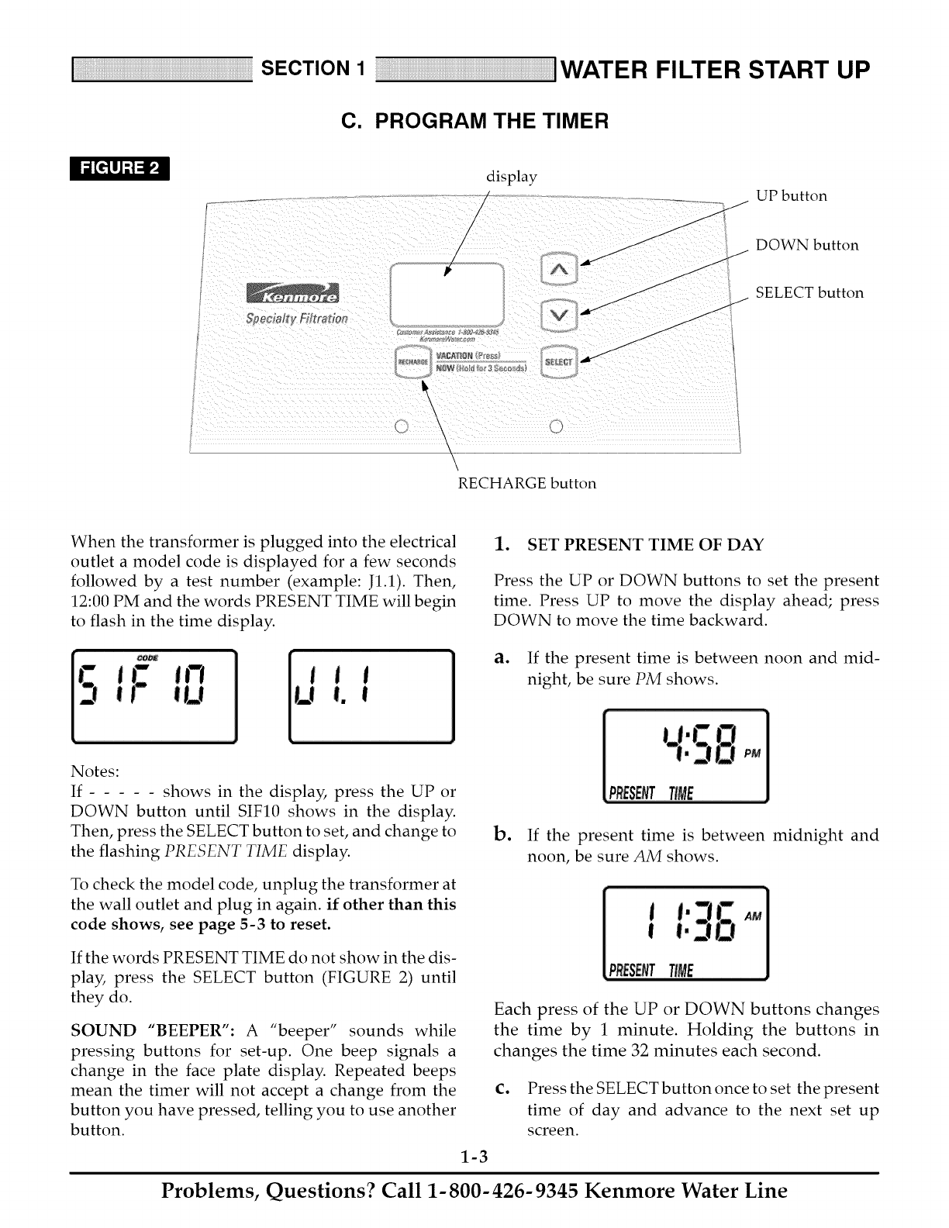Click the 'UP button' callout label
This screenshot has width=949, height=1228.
pos(792,196)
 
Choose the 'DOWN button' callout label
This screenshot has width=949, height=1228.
pos(807,246)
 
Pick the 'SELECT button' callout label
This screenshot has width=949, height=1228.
pos(809,293)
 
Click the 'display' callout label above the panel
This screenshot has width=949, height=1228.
pos(511,177)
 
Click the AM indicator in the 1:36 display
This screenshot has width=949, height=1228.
pos(753,916)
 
